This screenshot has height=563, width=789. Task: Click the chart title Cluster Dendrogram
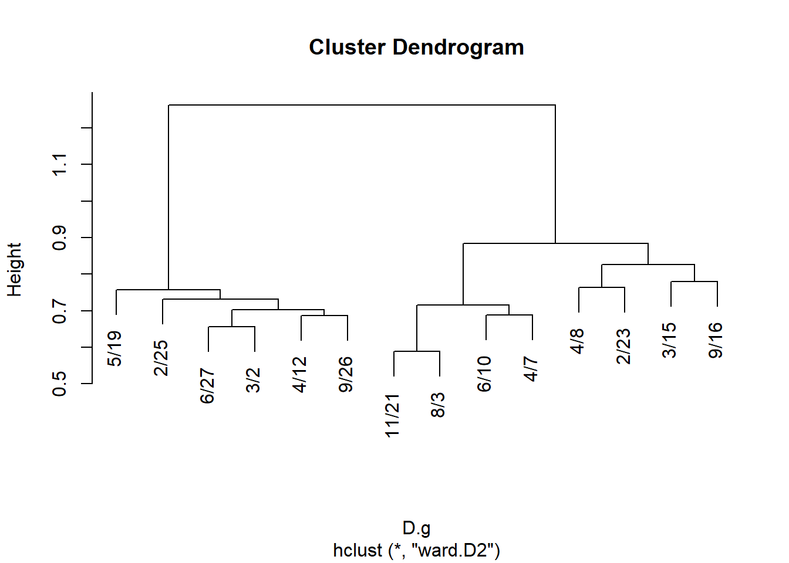[416, 48]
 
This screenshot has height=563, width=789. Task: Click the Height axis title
[15, 270]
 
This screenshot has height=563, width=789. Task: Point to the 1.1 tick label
[59, 164]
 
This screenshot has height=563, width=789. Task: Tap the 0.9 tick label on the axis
[59, 238]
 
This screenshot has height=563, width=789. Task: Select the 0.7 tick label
[59, 311]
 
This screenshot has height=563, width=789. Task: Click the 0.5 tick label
[59, 384]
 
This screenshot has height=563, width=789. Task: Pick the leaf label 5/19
[115, 349]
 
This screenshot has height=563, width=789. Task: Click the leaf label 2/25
[161, 358]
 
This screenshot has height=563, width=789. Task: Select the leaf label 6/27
[207, 386]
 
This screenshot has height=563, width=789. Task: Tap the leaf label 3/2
[253, 380]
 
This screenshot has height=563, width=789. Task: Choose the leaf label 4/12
[300, 374]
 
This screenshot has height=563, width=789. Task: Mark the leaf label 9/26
[346, 374]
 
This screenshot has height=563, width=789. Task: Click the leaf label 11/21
[392, 416]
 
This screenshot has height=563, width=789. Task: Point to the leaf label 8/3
[438, 405]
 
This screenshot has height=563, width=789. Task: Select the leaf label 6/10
[484, 374]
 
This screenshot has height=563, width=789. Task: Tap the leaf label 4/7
[531, 369]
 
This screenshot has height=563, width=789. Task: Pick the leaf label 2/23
[623, 346]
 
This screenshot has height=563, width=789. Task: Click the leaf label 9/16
[716, 340]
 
